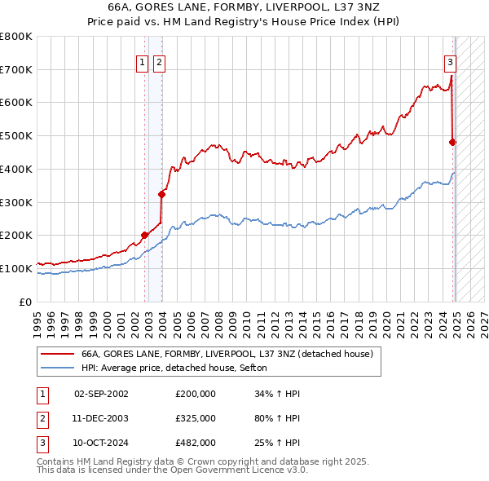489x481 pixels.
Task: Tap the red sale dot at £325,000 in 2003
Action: pos(161,194)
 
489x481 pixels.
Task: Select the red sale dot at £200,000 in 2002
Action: pos(145,235)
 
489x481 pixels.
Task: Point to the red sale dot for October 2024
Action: pos(452,142)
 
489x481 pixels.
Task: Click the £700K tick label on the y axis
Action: pos(16,69)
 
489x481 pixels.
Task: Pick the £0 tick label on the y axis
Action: pos(24,302)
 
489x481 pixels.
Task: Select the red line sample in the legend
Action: pos(57,354)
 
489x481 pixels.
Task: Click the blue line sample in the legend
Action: pos(57,368)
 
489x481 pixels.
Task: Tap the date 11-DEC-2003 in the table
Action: pos(101,417)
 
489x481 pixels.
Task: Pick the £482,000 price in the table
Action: pos(195,443)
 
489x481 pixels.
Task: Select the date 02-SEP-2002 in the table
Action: pos(101,394)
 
